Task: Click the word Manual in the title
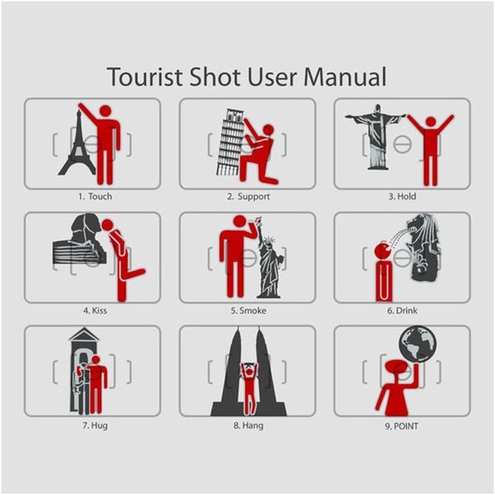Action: point(344,77)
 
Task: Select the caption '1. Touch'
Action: point(95,197)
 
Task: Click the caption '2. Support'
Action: point(248,197)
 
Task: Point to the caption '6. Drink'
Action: point(402,311)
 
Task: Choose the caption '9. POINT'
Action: point(402,426)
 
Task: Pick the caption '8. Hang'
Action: point(248,425)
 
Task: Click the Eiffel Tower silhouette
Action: point(77,143)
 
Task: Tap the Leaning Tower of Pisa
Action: point(229,142)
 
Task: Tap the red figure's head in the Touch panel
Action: point(105,111)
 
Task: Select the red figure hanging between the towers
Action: point(249,388)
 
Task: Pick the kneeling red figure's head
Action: point(268,129)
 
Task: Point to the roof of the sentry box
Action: point(84,334)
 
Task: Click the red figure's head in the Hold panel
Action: point(431,122)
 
